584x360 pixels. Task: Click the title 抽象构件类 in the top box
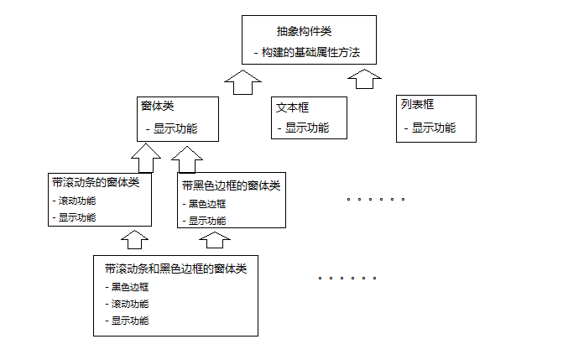[x=304, y=32]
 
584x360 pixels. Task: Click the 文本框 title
[x=292, y=108]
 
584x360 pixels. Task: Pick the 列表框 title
[x=417, y=106]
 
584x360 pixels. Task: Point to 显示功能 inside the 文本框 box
[x=306, y=128]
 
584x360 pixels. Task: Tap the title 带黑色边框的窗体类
[x=231, y=185]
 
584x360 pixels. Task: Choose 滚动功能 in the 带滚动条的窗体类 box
[x=76, y=201]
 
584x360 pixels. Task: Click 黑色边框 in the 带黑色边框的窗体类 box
[x=206, y=204]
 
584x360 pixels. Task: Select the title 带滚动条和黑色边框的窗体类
[x=175, y=269]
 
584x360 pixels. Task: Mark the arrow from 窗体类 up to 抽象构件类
[x=243, y=82]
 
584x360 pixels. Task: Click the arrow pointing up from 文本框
[x=365, y=80]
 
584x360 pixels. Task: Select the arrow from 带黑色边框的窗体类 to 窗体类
[x=187, y=159]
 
